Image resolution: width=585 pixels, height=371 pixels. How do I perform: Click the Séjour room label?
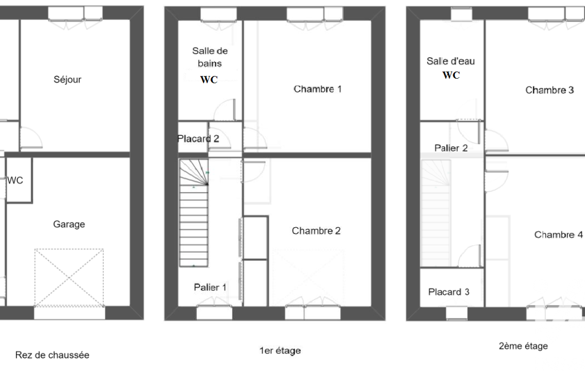tap(67, 79)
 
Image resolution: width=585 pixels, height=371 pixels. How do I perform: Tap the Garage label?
tap(69, 224)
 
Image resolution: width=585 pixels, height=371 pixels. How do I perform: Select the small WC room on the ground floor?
tap(19, 180)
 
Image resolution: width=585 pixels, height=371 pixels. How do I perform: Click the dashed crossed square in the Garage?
tap(69, 278)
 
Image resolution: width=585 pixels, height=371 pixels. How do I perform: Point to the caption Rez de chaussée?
tap(53, 355)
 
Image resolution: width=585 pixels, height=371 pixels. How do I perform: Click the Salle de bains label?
tap(209, 57)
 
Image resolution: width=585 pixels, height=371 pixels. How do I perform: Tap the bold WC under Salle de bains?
tap(209, 79)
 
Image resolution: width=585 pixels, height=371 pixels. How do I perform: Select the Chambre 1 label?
tap(317, 89)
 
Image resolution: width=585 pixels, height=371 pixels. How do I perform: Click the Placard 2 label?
tap(198, 139)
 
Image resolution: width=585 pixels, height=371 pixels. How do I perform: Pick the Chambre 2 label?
tap(316, 231)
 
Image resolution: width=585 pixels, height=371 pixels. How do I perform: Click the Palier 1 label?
tap(210, 288)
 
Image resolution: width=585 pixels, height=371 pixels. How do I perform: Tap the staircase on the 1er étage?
tap(193, 213)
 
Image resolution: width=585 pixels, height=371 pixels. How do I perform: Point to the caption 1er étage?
tap(280, 350)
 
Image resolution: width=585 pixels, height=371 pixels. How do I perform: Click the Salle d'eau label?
tap(451, 61)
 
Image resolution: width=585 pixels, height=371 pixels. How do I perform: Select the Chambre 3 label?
tap(550, 90)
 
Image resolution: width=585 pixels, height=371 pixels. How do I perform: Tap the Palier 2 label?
tap(451, 148)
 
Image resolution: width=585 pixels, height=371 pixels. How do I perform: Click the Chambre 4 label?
tap(559, 235)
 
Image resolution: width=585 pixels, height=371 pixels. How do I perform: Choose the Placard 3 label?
tap(449, 292)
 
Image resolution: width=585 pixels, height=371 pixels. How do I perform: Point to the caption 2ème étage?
tap(523, 346)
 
